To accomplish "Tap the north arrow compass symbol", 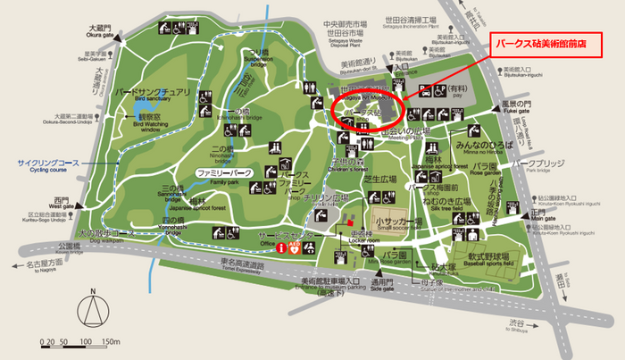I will click(92, 312).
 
